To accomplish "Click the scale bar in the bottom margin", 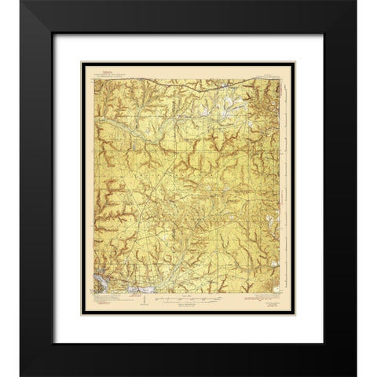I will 188,298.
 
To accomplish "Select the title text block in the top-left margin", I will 105,71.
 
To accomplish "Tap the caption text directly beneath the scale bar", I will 188,304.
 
